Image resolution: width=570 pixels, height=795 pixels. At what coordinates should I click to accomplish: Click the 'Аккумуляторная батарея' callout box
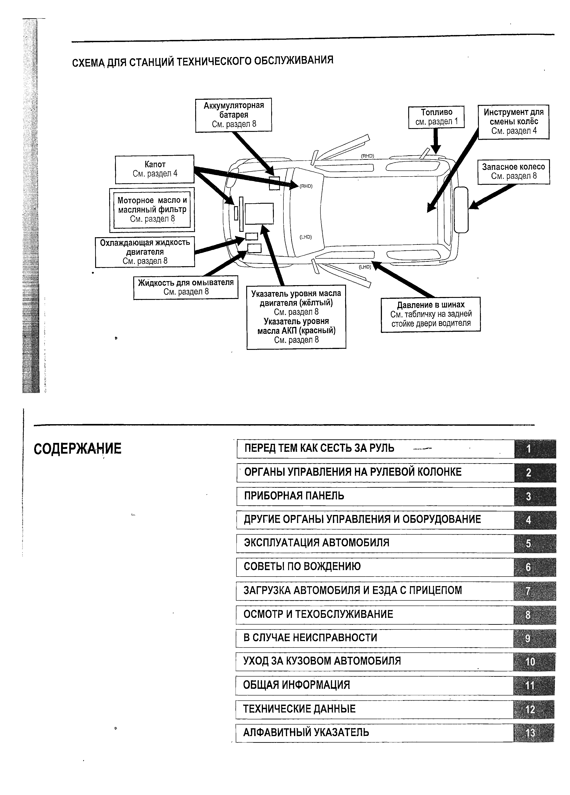point(234,115)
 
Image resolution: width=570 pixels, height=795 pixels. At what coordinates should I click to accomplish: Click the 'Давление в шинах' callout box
point(431,314)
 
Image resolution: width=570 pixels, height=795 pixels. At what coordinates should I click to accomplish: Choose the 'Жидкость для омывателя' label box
point(186,287)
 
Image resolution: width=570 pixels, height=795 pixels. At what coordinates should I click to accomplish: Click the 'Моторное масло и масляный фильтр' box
point(152,210)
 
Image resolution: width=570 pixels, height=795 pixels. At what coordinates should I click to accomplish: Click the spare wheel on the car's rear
point(461,210)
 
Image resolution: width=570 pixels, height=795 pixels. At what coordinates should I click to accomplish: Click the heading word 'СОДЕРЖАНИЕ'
point(77,449)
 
